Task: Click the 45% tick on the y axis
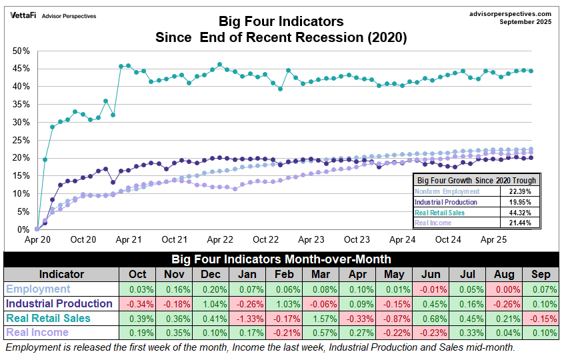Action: click(x=20, y=69)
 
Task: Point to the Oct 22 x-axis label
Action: click(x=266, y=239)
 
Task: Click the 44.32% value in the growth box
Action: click(x=519, y=212)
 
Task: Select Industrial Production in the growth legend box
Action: click(x=446, y=201)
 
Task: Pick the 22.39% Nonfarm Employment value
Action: click(x=519, y=191)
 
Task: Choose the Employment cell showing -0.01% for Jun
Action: click(x=431, y=289)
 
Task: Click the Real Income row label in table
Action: click(x=37, y=332)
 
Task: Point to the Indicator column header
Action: click(x=61, y=274)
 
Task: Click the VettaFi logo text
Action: click(x=23, y=15)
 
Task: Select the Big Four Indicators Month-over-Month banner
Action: click(x=281, y=259)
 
